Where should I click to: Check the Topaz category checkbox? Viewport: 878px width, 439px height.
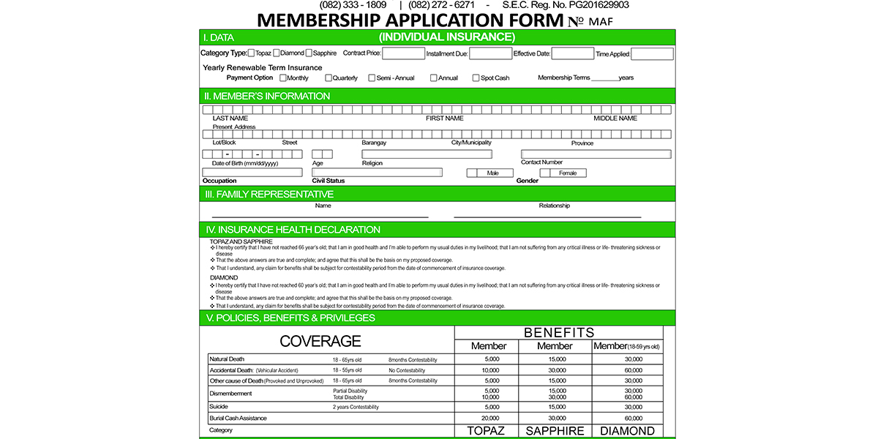(251, 53)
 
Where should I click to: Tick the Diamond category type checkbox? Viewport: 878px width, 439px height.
(276, 53)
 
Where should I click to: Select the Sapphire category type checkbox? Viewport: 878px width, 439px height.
(309, 53)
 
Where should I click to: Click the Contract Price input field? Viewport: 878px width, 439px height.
(403, 53)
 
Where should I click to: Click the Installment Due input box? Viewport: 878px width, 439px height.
(490, 53)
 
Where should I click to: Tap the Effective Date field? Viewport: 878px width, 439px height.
(572, 53)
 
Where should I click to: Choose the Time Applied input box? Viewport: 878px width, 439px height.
(652, 53)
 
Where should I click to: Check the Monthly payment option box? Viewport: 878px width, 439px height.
(283, 78)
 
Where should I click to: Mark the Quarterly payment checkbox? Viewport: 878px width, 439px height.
(329, 78)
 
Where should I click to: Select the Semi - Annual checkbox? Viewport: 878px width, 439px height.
(372, 78)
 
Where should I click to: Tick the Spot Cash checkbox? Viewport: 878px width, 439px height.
(476, 78)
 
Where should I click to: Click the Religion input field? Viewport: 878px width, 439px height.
(427, 154)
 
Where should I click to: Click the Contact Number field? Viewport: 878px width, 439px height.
(596, 154)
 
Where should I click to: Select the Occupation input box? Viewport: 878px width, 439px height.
(252, 173)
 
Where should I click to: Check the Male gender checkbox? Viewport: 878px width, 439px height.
(473, 173)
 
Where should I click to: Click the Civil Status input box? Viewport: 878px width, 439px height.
(377, 173)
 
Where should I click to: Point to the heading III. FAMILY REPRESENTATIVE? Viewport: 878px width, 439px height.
(269, 194)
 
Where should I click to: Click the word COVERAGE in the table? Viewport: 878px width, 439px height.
(320, 342)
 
